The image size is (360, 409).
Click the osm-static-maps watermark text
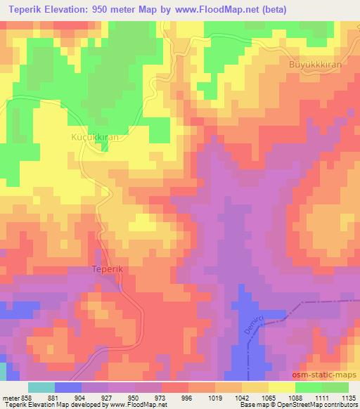click(325, 376)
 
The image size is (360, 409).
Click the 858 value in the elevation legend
click(25, 398)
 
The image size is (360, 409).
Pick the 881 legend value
click(55, 398)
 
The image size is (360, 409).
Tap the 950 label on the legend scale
click(134, 398)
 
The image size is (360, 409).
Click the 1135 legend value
click(348, 398)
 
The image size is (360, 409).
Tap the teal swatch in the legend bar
click(41, 387)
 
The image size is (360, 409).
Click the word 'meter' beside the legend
click(9, 398)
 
